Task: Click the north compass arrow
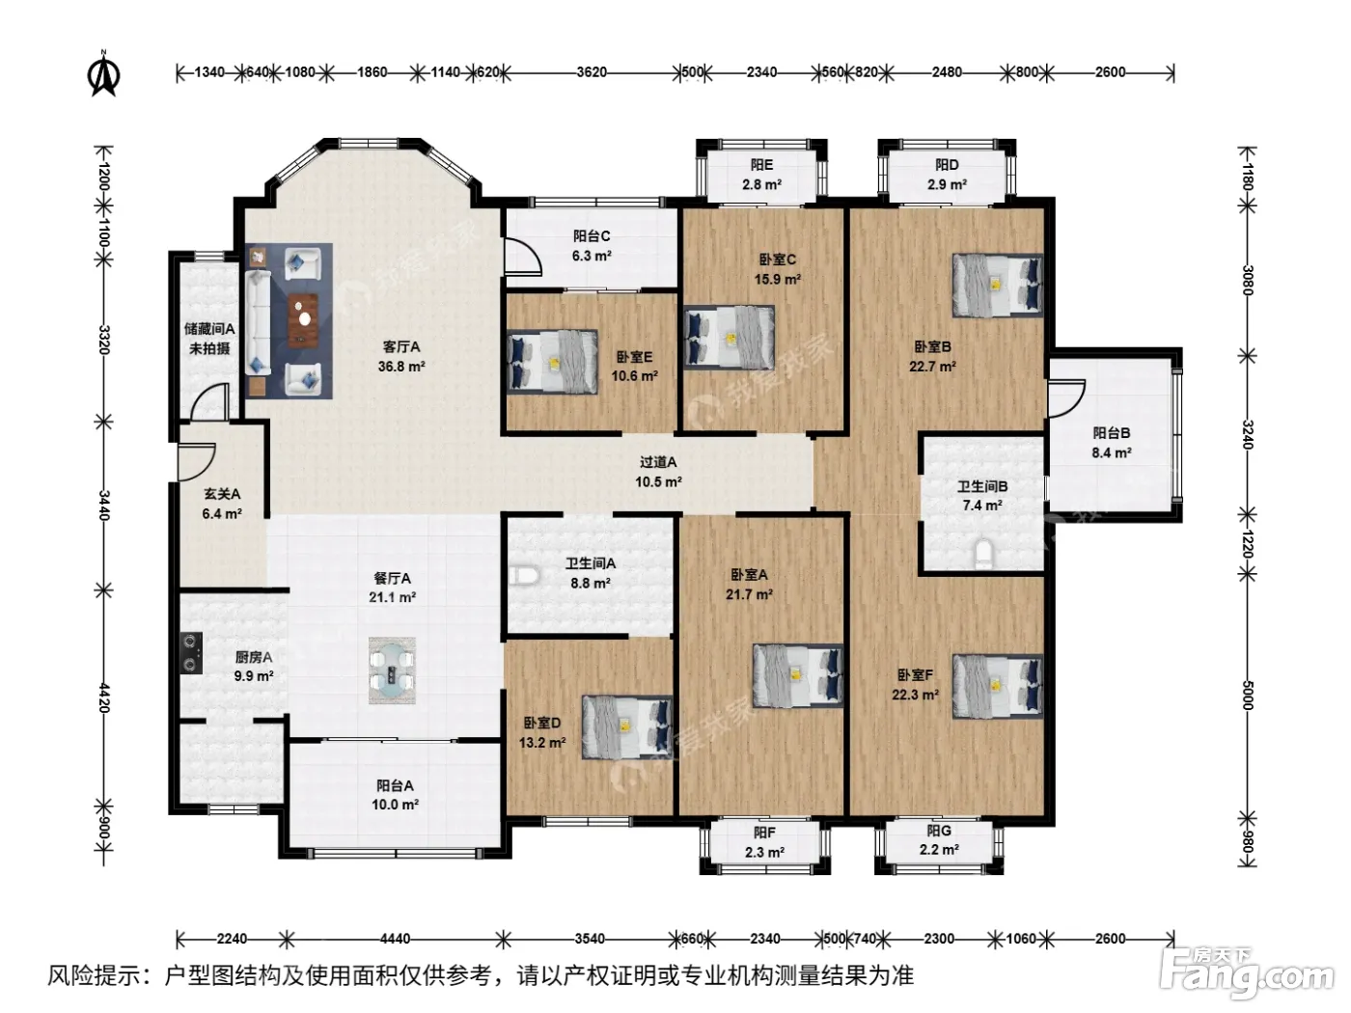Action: (104, 74)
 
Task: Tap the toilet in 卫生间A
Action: (524, 576)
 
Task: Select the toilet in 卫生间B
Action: (983, 553)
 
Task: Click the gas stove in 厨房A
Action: (191, 652)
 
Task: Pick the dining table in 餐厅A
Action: (392, 670)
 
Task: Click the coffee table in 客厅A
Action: (303, 320)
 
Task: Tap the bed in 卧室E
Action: (552, 362)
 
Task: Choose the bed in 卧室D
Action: (627, 727)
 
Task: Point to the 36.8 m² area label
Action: (401, 367)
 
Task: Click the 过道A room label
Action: (658, 462)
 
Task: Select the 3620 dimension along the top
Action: (592, 72)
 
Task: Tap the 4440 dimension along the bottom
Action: (395, 939)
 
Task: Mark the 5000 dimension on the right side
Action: (1248, 695)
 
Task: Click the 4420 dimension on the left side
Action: (104, 698)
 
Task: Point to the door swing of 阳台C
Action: (523, 256)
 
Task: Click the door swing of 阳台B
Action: (1066, 397)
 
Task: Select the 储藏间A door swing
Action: (210, 402)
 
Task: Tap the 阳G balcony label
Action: (939, 831)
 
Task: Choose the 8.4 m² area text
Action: (1112, 453)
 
